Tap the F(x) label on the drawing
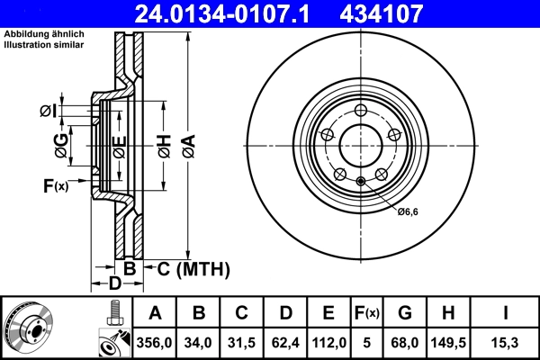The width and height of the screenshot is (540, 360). point(55,186)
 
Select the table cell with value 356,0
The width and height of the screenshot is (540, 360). point(155,341)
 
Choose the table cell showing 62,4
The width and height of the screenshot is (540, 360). point(285,341)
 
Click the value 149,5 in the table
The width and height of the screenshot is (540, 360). point(451,341)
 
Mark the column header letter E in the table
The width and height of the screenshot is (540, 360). point(328,313)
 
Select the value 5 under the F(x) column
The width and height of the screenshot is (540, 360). point(367,341)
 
